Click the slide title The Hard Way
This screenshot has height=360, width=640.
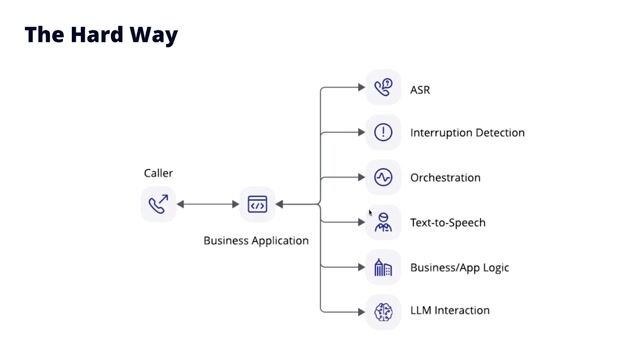[x=101, y=35]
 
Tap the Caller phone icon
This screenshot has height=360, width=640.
[x=158, y=204]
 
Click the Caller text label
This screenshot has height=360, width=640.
[x=158, y=173]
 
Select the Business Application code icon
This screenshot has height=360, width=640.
[x=257, y=204]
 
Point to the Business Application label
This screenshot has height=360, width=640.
[x=256, y=241]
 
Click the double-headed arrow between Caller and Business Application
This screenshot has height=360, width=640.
[x=208, y=204]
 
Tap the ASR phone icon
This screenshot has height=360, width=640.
[x=383, y=88]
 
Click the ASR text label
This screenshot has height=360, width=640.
[x=420, y=90]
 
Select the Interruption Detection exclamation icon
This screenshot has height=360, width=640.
[x=383, y=132]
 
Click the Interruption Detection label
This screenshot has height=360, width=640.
[x=467, y=133]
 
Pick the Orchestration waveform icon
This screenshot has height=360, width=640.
[x=383, y=177]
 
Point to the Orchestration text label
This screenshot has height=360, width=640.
[x=445, y=178]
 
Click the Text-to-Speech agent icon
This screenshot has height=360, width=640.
[x=383, y=222]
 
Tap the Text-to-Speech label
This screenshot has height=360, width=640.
[x=447, y=223]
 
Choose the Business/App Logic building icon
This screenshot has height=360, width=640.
[x=383, y=267]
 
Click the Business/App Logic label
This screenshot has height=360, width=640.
[x=459, y=268]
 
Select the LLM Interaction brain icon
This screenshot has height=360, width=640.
[x=383, y=312]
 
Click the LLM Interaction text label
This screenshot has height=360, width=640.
[x=450, y=311]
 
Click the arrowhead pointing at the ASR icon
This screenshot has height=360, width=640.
[x=361, y=88]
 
